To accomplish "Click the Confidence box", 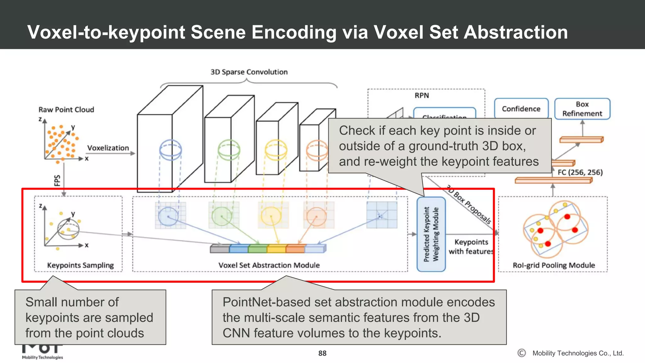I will click(x=521, y=109).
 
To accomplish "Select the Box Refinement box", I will click(x=582, y=109).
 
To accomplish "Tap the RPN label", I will click(x=421, y=95).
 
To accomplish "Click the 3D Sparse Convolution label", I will click(x=249, y=72).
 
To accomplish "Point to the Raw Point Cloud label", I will click(x=66, y=110).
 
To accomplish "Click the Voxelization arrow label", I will click(x=108, y=148).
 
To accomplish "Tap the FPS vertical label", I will click(x=57, y=181).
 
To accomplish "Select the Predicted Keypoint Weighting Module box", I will click(x=431, y=234).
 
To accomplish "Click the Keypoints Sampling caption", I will click(x=80, y=265).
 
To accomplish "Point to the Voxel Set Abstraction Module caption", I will click(x=269, y=265).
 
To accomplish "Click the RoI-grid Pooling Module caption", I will click(x=554, y=265).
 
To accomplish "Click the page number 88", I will click(x=322, y=353).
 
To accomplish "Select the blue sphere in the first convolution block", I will click(x=170, y=150).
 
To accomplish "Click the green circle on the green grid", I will click(x=222, y=217).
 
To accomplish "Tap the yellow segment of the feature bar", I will click(x=276, y=249).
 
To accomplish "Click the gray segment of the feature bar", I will click(x=220, y=249).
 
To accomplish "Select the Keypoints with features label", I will click(x=471, y=247).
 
